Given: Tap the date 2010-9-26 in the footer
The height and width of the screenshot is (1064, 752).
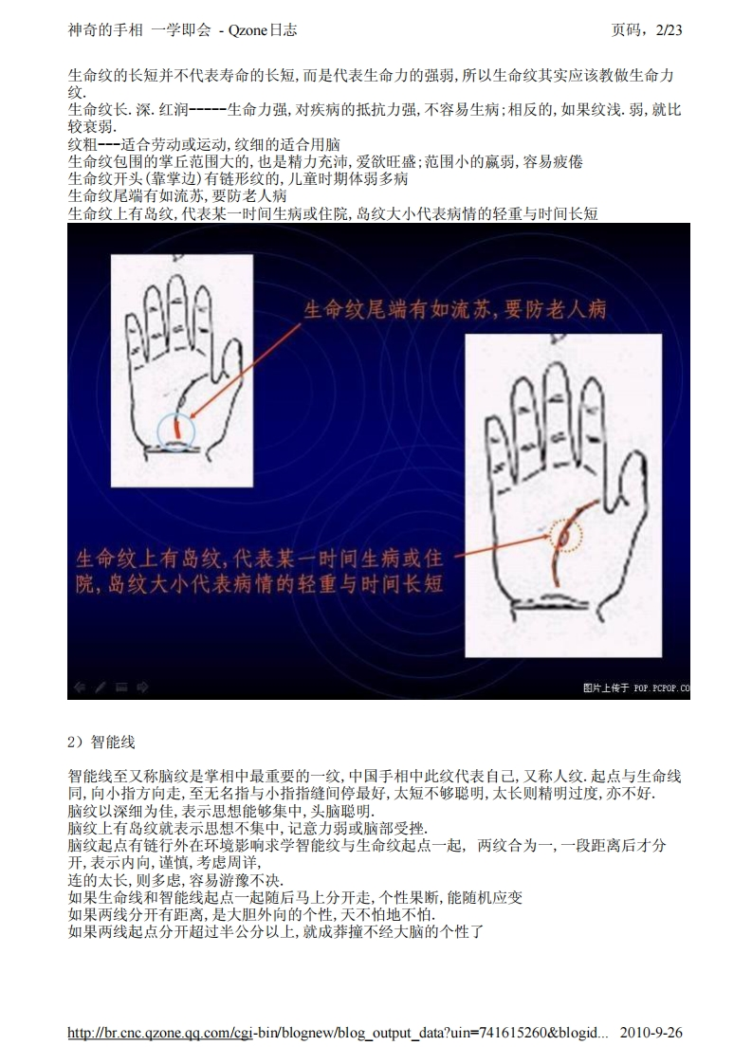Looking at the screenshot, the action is (x=651, y=1032).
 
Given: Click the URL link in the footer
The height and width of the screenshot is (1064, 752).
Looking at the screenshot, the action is (x=338, y=1033).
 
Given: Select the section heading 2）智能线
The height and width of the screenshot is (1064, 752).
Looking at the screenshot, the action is (x=101, y=742).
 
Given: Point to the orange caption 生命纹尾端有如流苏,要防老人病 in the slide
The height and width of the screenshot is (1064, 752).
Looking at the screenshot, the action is (x=455, y=309).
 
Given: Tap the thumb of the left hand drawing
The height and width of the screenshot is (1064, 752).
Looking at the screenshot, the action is (x=228, y=363).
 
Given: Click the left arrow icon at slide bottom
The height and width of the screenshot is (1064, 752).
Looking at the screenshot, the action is (x=80, y=687).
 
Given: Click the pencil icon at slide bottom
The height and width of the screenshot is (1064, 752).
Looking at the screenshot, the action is (x=101, y=687).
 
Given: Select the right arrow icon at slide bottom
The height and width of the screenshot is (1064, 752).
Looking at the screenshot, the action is (x=142, y=687).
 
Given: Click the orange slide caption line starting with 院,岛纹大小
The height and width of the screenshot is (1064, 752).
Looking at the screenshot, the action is (x=259, y=583).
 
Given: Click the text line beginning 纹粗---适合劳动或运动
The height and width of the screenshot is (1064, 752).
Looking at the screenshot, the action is (x=204, y=144).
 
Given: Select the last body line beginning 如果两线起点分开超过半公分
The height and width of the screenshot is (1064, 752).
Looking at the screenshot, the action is (x=276, y=931).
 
